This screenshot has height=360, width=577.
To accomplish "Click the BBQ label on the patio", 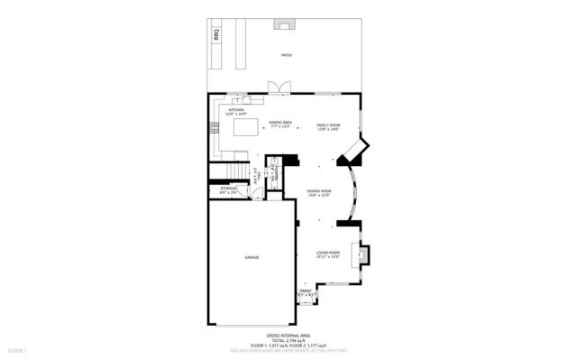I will tap(217, 35).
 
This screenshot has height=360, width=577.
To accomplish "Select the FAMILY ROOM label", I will tap(327, 126).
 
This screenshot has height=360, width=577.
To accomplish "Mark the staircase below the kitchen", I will tap(235, 173).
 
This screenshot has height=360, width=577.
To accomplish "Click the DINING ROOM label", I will tap(319, 193).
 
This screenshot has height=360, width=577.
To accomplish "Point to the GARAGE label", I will tap(252, 258).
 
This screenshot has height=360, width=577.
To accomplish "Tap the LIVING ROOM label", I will tap(327, 254).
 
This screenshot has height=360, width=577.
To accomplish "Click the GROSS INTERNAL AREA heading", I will tap(288, 335).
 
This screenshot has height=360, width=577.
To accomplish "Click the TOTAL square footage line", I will tap(288, 340).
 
